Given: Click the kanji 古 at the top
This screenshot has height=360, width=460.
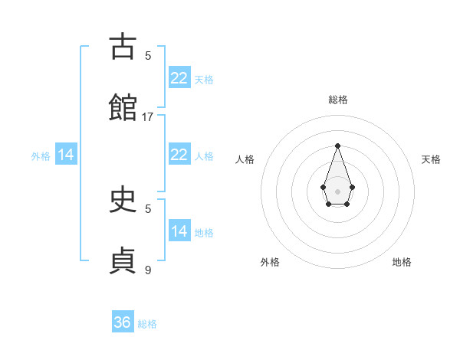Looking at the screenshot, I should click(x=123, y=47).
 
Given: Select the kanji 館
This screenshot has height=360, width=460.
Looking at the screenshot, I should click(x=123, y=108).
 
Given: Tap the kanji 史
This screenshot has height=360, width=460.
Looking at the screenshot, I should click(x=123, y=200).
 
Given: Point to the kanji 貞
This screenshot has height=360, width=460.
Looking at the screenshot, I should click(x=123, y=260).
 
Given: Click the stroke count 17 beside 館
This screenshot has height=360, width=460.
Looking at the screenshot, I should click(x=148, y=116).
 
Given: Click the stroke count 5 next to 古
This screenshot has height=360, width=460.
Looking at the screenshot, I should click(x=148, y=55).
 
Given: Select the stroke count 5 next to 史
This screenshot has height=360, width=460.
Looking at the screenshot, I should click(x=148, y=208).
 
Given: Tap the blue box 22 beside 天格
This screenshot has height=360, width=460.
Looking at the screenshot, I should click(x=179, y=77).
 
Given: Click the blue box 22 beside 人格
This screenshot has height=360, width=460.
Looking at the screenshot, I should click(x=179, y=155).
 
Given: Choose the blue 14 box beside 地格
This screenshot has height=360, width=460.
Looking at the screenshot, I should click(x=179, y=231).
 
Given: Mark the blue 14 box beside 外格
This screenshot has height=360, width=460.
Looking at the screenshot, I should click(x=66, y=155).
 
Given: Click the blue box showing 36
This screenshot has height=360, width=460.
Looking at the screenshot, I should click(x=123, y=322).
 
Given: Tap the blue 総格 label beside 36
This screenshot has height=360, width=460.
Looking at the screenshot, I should click(x=147, y=324).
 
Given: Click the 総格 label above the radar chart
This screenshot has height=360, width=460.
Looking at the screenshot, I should click(x=337, y=100).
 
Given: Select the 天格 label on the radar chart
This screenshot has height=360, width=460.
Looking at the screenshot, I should click(x=431, y=159).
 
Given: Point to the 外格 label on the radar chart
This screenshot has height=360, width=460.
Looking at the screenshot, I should click(x=270, y=262).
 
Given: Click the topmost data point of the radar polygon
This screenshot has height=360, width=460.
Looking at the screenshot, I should click(x=337, y=146).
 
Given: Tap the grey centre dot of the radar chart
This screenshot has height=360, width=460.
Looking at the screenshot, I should click(x=337, y=190).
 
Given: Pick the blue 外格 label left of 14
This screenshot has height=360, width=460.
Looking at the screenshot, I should click(x=41, y=156).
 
